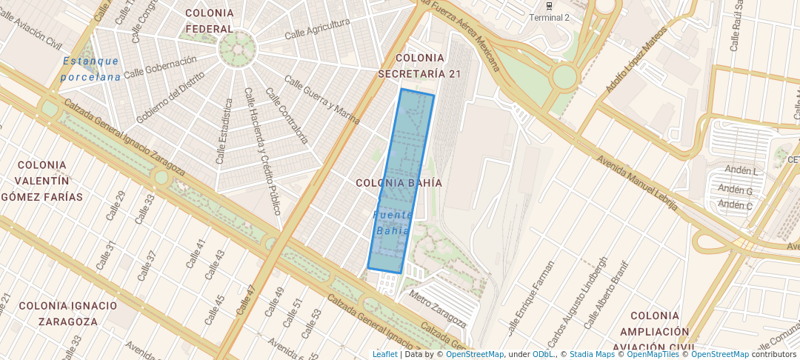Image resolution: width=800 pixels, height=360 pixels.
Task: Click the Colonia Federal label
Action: click(210, 21)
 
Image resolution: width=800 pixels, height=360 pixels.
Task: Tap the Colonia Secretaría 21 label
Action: click(419, 65)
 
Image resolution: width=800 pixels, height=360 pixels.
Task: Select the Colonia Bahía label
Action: click(399, 182)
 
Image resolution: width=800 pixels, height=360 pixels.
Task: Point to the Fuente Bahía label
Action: click(393, 222)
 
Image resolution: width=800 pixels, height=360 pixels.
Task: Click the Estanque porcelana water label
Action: click(91, 68)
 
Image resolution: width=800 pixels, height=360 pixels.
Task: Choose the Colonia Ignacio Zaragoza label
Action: click(68, 313)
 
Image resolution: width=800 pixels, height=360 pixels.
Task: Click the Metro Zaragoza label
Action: click(438, 309)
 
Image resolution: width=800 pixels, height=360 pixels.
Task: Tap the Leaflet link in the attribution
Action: click(384, 354)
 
